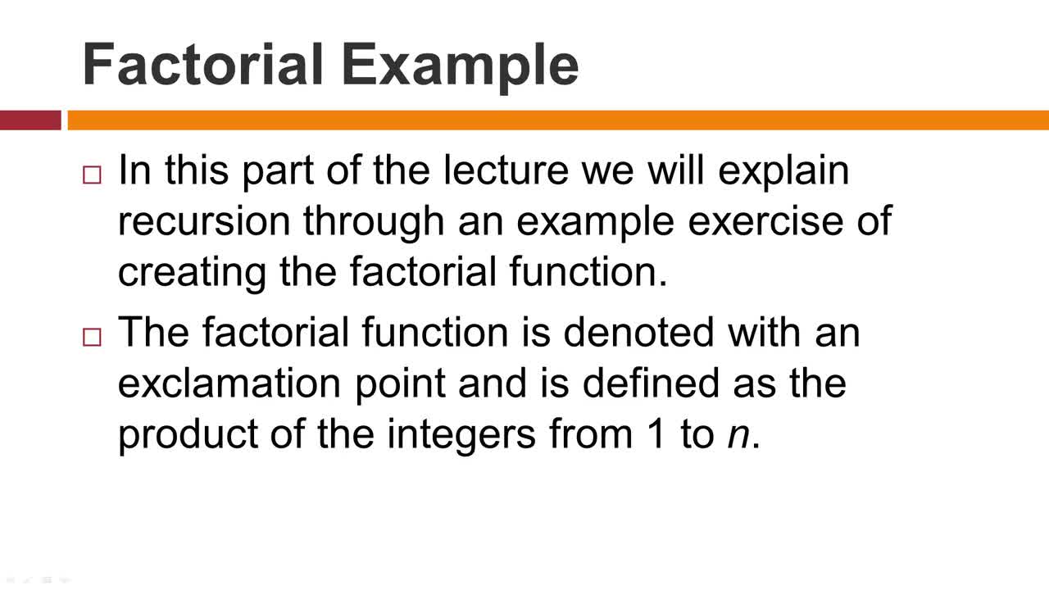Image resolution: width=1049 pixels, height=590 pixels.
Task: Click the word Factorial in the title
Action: [x=202, y=64]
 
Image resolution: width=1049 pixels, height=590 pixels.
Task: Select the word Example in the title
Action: [x=461, y=68]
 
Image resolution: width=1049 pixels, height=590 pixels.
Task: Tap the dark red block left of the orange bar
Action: [x=30, y=120]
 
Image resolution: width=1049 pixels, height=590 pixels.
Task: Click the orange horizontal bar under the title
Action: [x=558, y=120]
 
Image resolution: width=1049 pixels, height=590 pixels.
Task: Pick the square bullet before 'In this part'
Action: [x=92, y=175]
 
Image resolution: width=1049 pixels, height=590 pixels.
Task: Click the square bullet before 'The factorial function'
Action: [x=92, y=337]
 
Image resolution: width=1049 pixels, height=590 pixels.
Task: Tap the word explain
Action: [x=783, y=172]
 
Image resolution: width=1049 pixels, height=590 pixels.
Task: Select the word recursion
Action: [x=204, y=221]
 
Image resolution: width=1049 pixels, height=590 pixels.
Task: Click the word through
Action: [x=374, y=224]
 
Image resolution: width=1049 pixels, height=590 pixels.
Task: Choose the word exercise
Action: [x=765, y=221]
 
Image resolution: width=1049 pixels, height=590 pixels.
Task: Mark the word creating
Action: [x=192, y=274]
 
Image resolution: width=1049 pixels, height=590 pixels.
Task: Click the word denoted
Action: [x=638, y=333]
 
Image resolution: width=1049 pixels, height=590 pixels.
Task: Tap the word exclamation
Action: [x=229, y=385]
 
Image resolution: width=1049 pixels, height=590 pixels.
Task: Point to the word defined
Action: [x=652, y=383]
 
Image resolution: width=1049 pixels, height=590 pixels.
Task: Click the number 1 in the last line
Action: [x=655, y=433]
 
